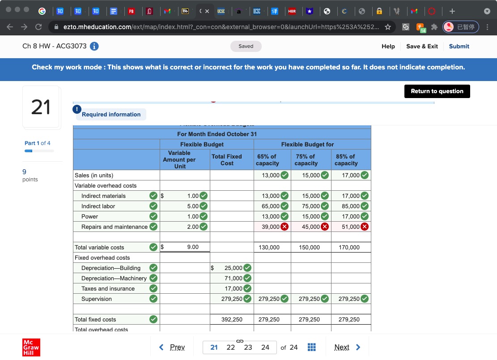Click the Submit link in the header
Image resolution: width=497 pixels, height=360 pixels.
tap(459, 46)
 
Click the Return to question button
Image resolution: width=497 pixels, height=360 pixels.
tap(437, 91)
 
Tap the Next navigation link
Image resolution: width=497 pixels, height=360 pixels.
tap(347, 347)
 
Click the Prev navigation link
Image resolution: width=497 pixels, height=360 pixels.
tap(173, 347)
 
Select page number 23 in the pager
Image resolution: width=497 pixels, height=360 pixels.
tap(248, 347)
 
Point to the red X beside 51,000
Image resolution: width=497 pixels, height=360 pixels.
tap(365, 227)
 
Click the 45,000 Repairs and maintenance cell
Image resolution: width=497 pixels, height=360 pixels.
tap(310, 227)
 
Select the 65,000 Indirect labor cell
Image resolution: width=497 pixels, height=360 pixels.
tap(270, 206)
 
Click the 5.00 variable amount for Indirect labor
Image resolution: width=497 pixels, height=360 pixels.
tap(192, 206)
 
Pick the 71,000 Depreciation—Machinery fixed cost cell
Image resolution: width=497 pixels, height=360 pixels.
tap(233, 279)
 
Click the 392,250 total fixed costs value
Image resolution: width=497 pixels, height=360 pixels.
tap(232, 320)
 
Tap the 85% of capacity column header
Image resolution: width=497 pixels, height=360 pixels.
tap(346, 160)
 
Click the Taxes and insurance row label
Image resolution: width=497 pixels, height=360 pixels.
tap(108, 289)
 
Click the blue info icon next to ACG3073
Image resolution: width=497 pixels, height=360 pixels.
tap(94, 46)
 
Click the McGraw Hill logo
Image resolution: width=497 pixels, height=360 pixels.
tap(31, 347)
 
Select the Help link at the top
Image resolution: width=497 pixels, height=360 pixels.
tap(388, 46)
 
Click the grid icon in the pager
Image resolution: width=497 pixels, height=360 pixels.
tap(312, 347)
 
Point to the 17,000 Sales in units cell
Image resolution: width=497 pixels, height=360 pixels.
tap(350, 176)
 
